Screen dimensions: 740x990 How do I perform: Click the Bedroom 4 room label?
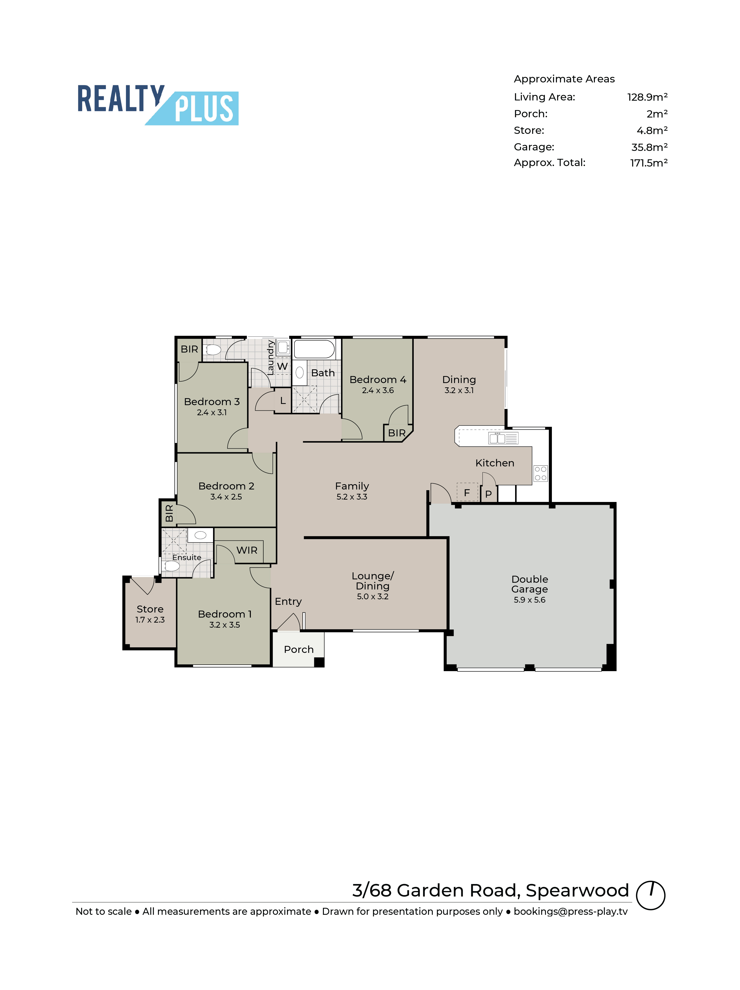tap(378, 379)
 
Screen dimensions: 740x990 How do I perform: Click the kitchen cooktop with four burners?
tap(540, 473)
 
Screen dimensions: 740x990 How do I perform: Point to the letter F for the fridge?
tap(467, 493)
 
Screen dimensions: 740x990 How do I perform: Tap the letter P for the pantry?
tap(488, 494)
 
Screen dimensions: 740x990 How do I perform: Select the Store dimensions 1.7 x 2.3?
tap(150, 620)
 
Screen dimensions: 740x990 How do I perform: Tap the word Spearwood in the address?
tap(577, 891)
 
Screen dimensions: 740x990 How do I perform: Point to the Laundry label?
tap(270, 358)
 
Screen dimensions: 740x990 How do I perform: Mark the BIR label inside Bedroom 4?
tap(396, 433)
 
